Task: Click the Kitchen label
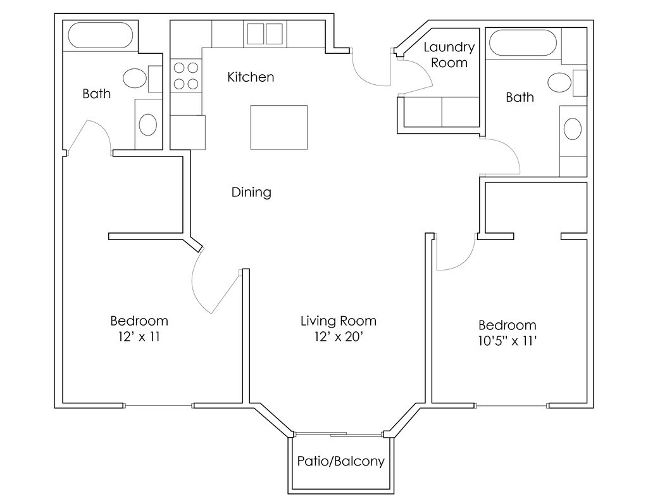click(x=251, y=77)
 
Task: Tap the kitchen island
click(x=279, y=127)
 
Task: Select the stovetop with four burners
click(x=186, y=76)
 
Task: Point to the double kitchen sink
click(x=265, y=34)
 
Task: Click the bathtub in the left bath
click(x=101, y=35)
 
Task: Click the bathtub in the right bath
click(x=523, y=42)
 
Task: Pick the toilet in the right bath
click(x=566, y=83)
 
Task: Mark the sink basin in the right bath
click(x=573, y=129)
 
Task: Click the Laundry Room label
click(x=449, y=55)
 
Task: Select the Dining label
click(x=251, y=193)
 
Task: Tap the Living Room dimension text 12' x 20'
click(x=339, y=337)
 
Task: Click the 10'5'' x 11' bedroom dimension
click(x=508, y=341)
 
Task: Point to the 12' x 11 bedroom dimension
click(x=139, y=337)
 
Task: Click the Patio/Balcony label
click(x=341, y=461)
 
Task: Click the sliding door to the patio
click(x=339, y=434)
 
